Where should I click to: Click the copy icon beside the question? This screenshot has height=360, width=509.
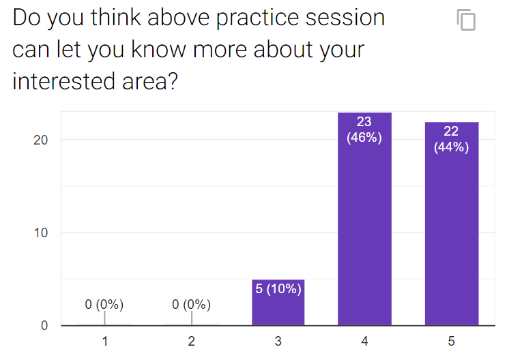[x=466, y=20]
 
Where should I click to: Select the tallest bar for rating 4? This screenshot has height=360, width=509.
[x=364, y=219]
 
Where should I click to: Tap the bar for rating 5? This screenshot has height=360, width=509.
[x=452, y=224]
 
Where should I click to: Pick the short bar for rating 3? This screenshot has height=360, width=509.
[x=278, y=302]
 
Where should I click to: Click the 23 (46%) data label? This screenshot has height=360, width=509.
[x=364, y=130]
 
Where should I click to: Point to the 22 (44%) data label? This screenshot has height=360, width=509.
[x=451, y=139]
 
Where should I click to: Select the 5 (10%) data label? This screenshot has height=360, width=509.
[x=278, y=288]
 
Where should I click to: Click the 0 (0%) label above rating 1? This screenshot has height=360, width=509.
[x=104, y=305]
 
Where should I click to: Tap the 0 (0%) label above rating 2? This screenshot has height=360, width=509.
[x=191, y=305]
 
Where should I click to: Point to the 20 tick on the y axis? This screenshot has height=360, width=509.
[x=40, y=140]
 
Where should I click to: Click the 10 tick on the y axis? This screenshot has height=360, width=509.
[x=40, y=233]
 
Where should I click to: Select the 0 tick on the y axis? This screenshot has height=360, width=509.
[x=44, y=326]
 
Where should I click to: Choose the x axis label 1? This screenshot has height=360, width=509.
[x=105, y=341]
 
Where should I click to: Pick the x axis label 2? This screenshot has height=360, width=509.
[x=192, y=341]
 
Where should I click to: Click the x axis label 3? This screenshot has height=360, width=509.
[x=278, y=341]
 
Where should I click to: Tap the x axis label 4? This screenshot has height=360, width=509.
[x=364, y=341]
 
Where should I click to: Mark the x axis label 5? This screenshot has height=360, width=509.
[x=452, y=341]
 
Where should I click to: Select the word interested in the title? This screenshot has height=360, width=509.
[x=63, y=81]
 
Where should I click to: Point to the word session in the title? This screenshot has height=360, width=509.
[x=345, y=18]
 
